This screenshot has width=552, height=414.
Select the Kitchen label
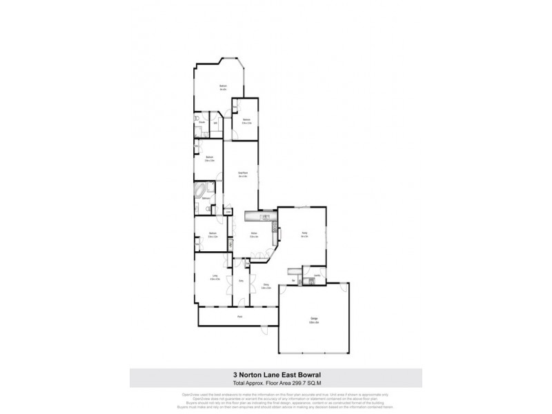pos(254,235)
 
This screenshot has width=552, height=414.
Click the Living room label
pos(215,277)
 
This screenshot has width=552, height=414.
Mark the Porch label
pos(239,317)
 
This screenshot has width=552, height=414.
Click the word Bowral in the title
pos(304,375)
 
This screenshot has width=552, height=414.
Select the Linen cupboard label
pos(218,211)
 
